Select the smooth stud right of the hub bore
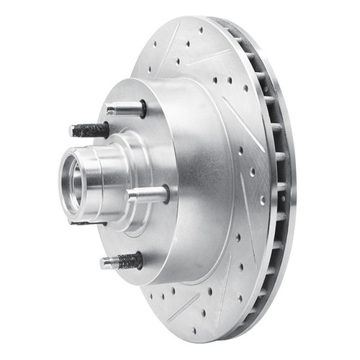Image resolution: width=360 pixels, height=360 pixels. (146, 194)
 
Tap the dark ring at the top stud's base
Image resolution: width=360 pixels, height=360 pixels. (142, 109)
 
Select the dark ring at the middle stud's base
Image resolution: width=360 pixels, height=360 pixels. (166, 193)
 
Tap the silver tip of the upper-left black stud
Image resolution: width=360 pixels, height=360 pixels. (74, 131)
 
